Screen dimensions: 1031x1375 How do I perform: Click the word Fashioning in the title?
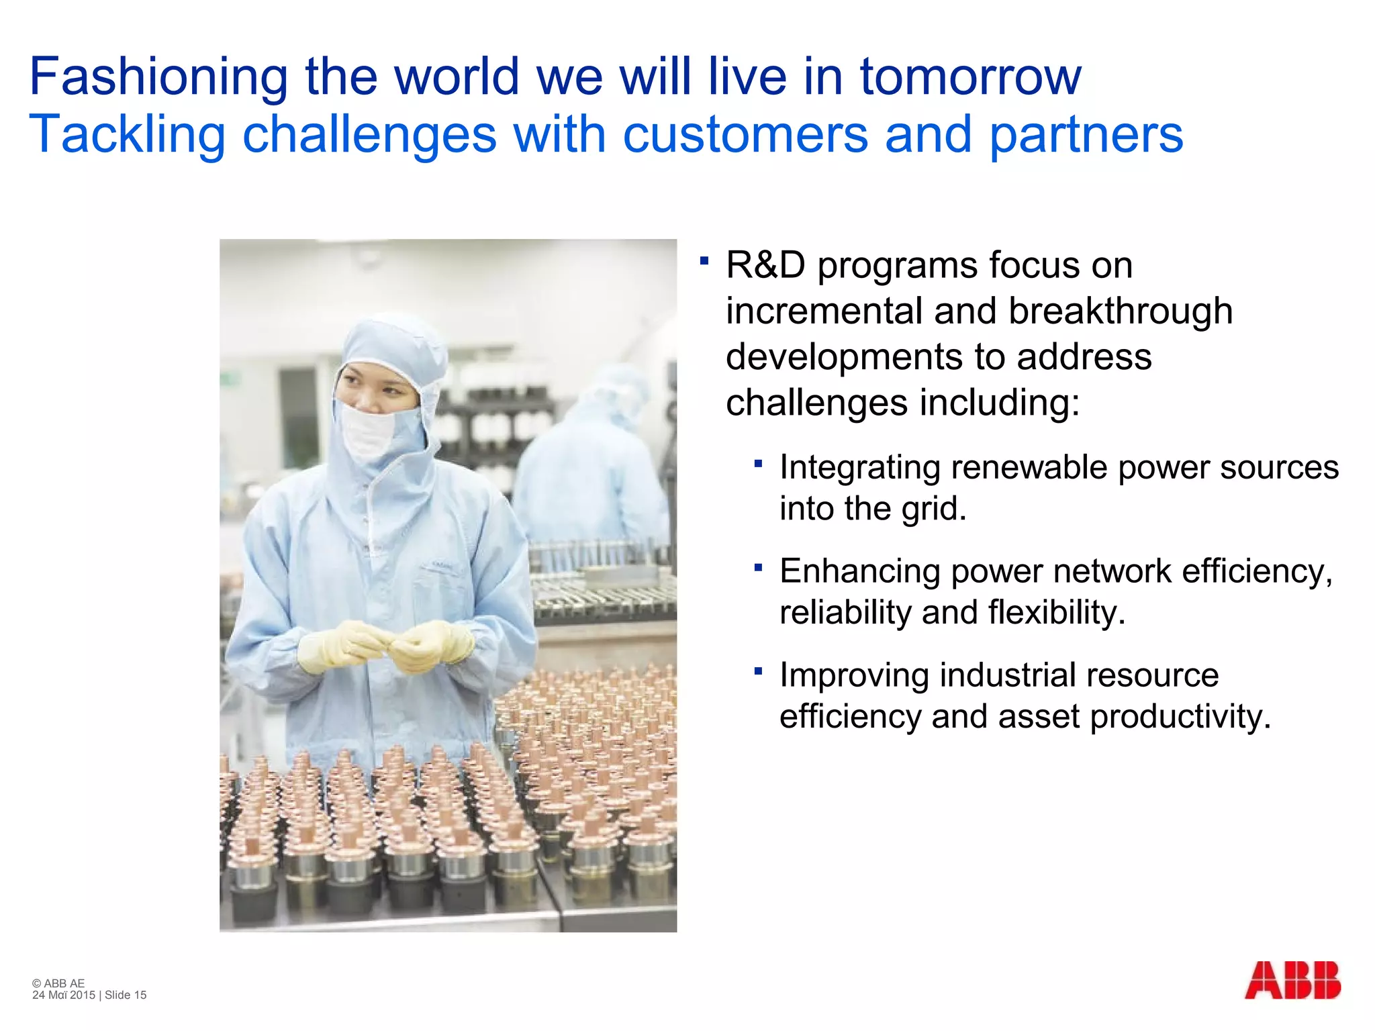(x=158, y=77)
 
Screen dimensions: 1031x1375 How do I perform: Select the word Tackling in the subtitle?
(x=127, y=135)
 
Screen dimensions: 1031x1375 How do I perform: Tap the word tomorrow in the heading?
(x=970, y=77)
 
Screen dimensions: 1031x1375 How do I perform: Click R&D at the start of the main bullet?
(x=765, y=265)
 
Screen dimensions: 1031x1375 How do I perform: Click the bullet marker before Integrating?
(x=758, y=463)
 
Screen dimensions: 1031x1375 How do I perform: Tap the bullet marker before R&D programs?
(x=704, y=260)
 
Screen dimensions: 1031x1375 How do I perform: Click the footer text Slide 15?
(x=126, y=995)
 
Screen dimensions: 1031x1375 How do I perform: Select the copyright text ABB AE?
(x=64, y=983)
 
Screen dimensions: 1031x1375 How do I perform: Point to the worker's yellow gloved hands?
(x=386, y=646)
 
